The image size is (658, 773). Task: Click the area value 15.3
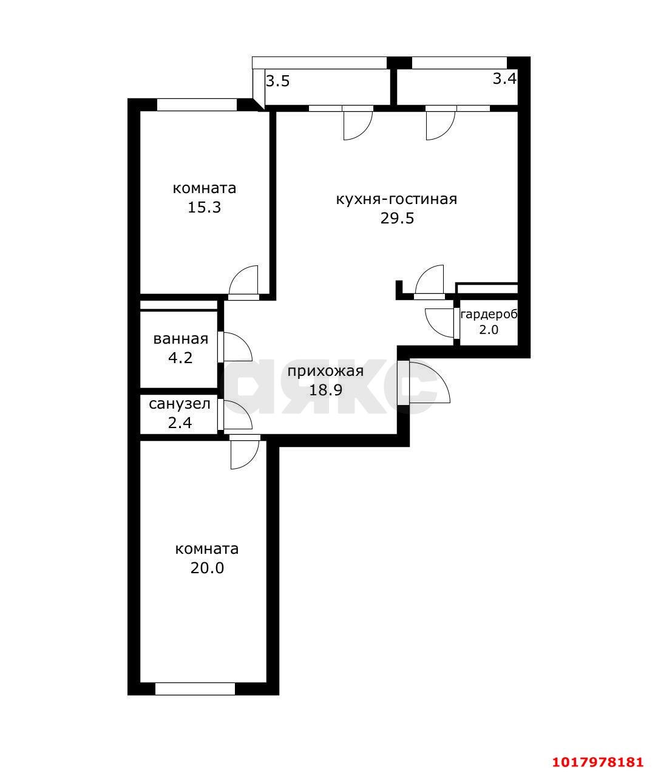click(x=204, y=207)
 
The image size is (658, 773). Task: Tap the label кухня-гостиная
click(x=396, y=199)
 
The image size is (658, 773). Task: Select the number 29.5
click(x=397, y=218)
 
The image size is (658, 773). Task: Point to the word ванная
click(x=180, y=339)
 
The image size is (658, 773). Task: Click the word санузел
click(x=180, y=404)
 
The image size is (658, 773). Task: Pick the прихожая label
click(x=325, y=372)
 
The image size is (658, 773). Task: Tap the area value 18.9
click(x=325, y=390)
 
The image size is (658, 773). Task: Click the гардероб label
click(x=489, y=315)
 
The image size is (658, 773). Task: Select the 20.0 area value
click(x=207, y=568)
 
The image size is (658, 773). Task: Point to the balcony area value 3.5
click(x=278, y=81)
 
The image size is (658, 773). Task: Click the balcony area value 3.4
click(x=504, y=79)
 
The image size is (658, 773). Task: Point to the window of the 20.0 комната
click(x=195, y=689)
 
